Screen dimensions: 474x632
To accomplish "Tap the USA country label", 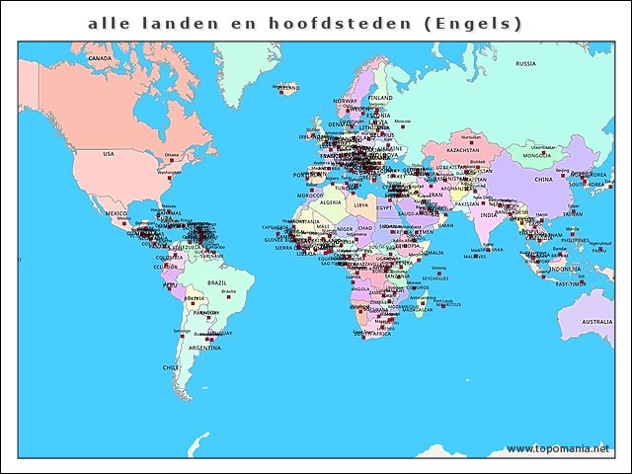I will pos(109,154).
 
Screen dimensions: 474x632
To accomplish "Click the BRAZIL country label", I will pos(216,282).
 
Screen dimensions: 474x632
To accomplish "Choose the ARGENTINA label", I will pos(204,349).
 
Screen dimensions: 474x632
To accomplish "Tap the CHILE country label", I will pos(170,366).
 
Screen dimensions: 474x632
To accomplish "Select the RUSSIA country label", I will pos(525,64).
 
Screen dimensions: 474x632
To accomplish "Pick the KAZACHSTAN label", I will pos(462,150).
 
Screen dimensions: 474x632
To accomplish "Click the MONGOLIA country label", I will pos(537,155).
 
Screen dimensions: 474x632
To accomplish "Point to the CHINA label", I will pos(544,180).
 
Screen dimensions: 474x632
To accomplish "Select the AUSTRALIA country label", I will pos(596,322).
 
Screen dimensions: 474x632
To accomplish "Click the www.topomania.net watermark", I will pos(558,449).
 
